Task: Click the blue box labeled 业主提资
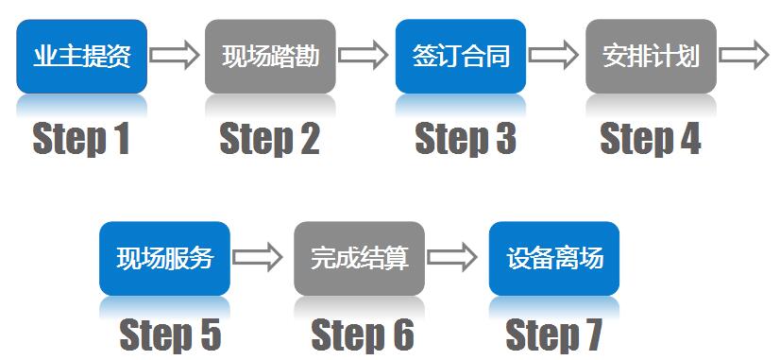[x=82, y=56]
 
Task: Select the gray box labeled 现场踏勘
[x=271, y=56]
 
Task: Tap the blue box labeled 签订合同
[x=461, y=56]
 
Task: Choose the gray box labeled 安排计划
[x=651, y=56]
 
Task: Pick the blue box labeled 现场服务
[x=164, y=258]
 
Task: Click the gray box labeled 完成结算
[x=360, y=258]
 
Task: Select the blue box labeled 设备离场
[x=554, y=258]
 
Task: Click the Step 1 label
[x=81, y=139]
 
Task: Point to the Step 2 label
[x=270, y=139]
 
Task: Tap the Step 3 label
[x=466, y=139]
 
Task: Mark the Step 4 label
[x=651, y=139]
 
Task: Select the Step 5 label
[x=170, y=334]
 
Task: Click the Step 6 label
[x=363, y=334]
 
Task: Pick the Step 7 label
[x=553, y=334]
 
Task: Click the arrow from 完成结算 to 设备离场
[x=452, y=257]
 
